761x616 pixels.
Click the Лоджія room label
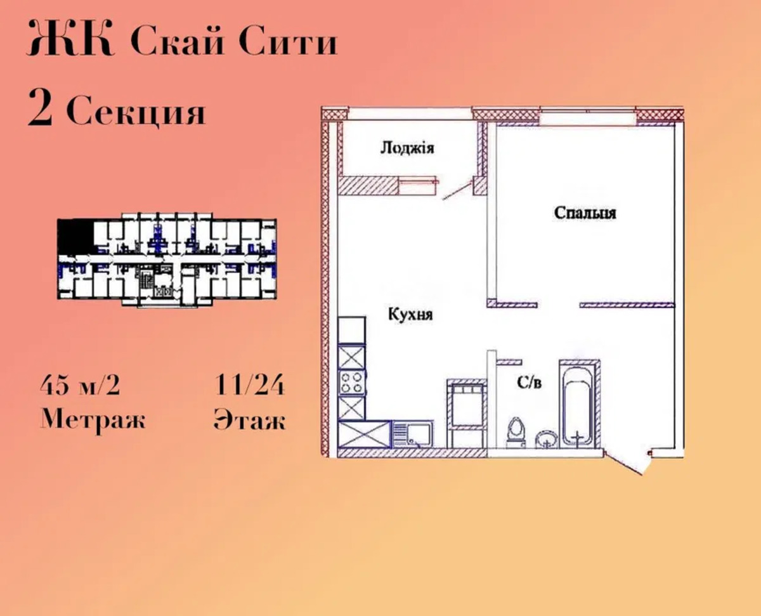click(x=407, y=148)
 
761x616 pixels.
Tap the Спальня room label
click(x=585, y=213)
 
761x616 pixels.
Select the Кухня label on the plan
click(x=410, y=315)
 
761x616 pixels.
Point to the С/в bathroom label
click(x=529, y=383)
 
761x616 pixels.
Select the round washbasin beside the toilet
click(x=547, y=439)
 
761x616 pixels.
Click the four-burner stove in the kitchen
click(x=351, y=383)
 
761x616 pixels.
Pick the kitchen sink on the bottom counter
click(x=413, y=434)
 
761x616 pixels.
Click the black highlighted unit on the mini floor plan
click(x=75, y=237)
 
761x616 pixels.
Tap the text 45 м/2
click(x=80, y=385)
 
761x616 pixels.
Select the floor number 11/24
click(x=249, y=385)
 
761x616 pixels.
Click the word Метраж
click(x=93, y=420)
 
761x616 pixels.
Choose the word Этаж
click(x=249, y=420)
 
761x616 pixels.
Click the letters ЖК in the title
click(x=71, y=39)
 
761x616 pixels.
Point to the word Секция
click(x=136, y=110)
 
